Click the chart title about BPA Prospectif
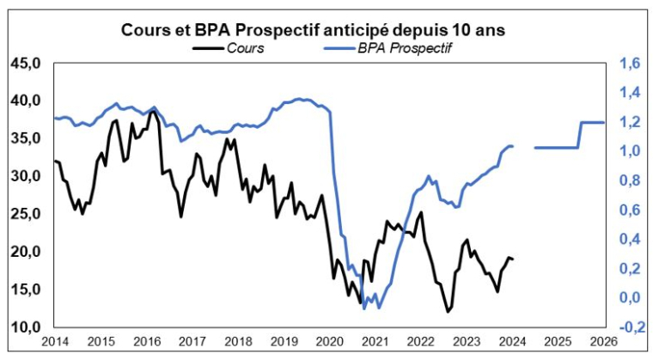click(x=326, y=29)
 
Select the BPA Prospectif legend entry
click(x=403, y=47)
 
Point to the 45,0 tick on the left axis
click(x=26, y=63)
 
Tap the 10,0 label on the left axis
click(x=26, y=327)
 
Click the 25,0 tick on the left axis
click(x=26, y=214)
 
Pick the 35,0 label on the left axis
click(x=26, y=138)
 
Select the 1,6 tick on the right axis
click(x=630, y=63)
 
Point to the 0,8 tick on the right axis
click(x=630, y=180)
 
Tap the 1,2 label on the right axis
click(x=630, y=122)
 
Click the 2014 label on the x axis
click(x=53, y=343)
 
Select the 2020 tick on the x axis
click(x=330, y=343)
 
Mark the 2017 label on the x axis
click(x=192, y=343)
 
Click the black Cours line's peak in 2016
click(x=152, y=111)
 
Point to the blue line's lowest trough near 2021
click(x=364, y=308)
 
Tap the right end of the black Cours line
click(x=514, y=259)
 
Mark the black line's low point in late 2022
click(x=448, y=311)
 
